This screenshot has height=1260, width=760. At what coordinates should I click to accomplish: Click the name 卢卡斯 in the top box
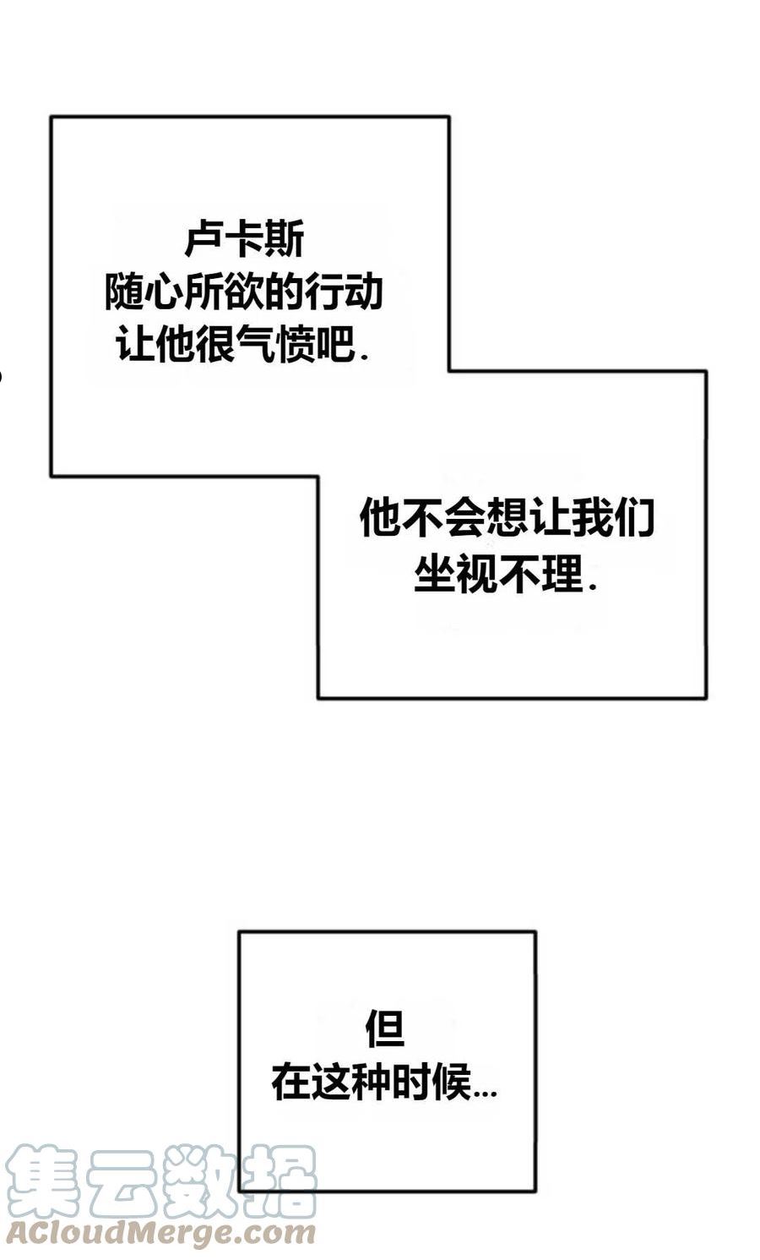244,238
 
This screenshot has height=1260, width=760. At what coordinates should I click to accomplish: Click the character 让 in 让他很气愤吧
135,344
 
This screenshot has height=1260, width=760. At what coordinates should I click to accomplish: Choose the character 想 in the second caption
507,517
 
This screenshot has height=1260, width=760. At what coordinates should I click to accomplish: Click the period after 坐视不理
591,587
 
